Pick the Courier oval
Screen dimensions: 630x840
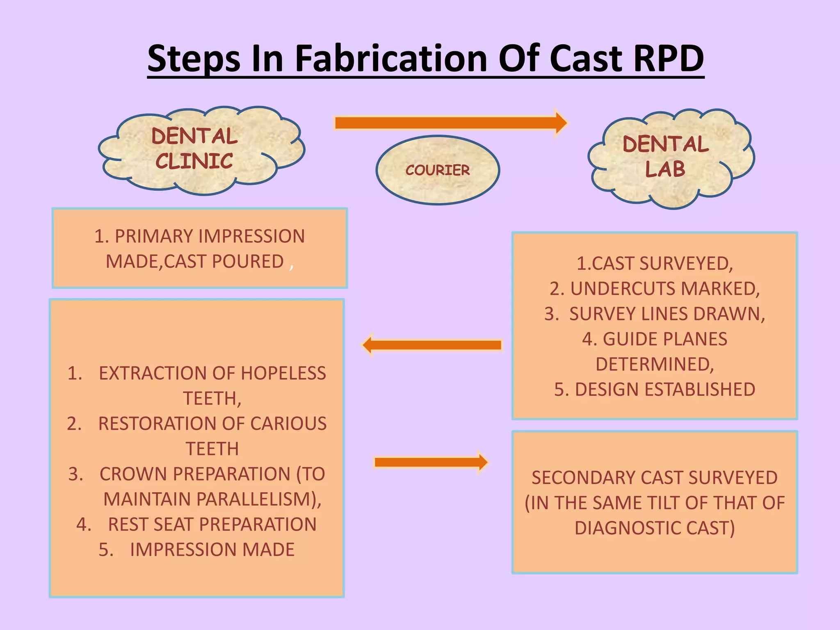click(x=438, y=170)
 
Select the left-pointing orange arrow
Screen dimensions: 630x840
click(x=433, y=345)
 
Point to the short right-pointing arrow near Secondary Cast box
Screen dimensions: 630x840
click(x=431, y=462)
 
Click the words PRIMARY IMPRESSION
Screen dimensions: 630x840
click(x=210, y=236)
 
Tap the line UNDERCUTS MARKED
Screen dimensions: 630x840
click(x=664, y=289)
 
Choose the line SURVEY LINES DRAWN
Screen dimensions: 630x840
click(x=667, y=314)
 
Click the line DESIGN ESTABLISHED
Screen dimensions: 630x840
click(x=664, y=389)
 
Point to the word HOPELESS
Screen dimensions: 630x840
click(x=283, y=373)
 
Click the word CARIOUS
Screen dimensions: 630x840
click(x=288, y=424)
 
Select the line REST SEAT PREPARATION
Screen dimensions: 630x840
click(x=212, y=525)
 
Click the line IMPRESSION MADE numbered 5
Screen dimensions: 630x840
click(x=212, y=550)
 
